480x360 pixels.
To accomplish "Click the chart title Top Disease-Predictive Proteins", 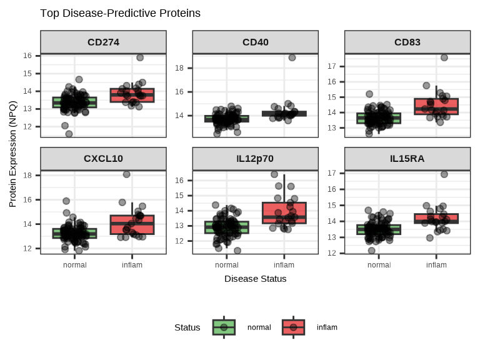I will [x=120, y=13].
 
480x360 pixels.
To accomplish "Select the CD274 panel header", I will [x=104, y=42].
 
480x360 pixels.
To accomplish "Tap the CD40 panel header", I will [x=256, y=42].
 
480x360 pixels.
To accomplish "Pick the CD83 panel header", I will [x=407, y=42].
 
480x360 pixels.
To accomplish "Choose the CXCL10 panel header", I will [x=104, y=158].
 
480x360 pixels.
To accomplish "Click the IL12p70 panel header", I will [x=256, y=158].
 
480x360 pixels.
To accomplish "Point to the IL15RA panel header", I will [x=407, y=158].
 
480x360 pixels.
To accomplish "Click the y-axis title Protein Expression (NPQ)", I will [x=13, y=154].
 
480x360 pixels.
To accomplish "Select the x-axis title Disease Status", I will [x=256, y=279].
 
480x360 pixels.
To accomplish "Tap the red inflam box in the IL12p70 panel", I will [x=284, y=212].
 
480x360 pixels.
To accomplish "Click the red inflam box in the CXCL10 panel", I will [x=132, y=224].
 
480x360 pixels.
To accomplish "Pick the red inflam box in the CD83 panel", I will [x=436, y=106].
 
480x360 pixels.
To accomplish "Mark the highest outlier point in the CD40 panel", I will [x=292, y=57].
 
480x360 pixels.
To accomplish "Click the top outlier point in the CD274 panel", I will [x=140, y=57].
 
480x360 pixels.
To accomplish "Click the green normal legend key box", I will [x=224, y=327].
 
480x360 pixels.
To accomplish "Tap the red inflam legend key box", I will [x=293, y=327].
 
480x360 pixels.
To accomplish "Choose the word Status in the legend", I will [x=187, y=327].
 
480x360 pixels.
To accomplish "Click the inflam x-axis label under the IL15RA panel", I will [x=436, y=265].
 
